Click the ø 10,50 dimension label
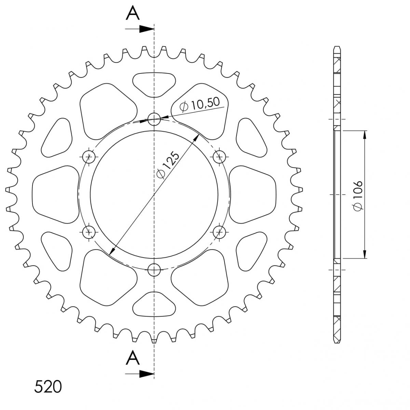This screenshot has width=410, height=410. [199, 105]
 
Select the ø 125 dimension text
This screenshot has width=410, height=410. [168, 165]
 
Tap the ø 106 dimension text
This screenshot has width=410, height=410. [358, 196]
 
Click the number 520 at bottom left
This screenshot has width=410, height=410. [48, 386]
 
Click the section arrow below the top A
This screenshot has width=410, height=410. [140, 29]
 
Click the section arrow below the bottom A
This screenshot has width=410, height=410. [140, 374]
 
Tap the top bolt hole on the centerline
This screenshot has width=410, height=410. [154, 119]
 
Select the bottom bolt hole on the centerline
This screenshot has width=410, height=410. [154, 270]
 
